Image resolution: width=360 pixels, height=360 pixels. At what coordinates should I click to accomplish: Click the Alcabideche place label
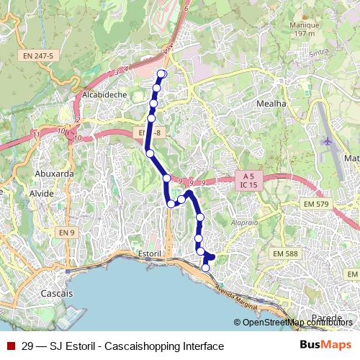coord(105,94)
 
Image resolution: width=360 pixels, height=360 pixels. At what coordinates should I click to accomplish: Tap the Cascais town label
coord(56,294)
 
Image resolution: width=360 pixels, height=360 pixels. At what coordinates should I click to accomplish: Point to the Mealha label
coord(271,104)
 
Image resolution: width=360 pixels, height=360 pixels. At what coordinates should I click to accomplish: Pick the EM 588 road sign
coord(288,253)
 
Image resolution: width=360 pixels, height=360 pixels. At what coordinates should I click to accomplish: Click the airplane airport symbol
coord(328,141)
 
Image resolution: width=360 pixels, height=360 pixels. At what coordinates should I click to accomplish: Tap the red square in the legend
coord(11,346)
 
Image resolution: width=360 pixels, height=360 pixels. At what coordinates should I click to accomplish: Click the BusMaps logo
coord(325,346)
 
